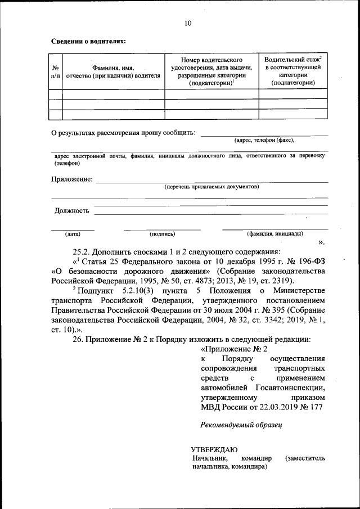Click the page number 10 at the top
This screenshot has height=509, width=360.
click(188, 23)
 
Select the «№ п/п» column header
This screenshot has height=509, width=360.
click(55, 71)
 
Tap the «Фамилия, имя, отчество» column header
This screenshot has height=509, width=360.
click(113, 71)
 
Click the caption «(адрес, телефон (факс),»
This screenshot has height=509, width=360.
click(264, 141)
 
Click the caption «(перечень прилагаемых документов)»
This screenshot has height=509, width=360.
click(211, 186)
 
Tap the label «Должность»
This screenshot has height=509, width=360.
click(72, 211)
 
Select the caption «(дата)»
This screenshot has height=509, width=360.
click(73, 233)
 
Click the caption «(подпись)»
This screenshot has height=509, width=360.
click(162, 233)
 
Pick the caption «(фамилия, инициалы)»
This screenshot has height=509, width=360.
click(275, 233)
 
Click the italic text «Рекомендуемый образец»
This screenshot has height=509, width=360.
click(241, 425)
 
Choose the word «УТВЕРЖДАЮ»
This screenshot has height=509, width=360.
click(214, 449)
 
